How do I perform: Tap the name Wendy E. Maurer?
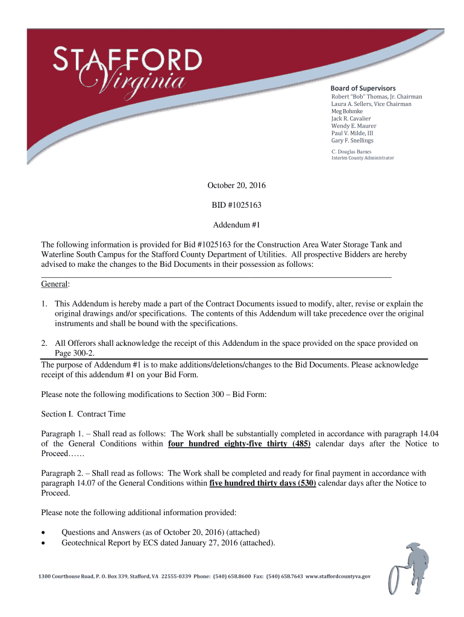click(x=354, y=126)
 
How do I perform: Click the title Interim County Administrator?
click(x=363, y=158)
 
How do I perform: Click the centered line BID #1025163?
click(x=236, y=205)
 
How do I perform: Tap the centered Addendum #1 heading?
click(x=236, y=225)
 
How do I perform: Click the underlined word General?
click(x=54, y=284)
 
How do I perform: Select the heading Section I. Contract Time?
click(x=83, y=415)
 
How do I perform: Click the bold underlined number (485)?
click(x=300, y=444)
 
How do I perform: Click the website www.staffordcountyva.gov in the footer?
click(x=338, y=577)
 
